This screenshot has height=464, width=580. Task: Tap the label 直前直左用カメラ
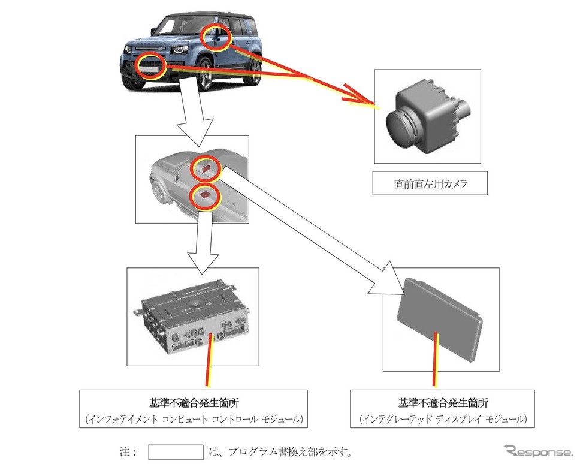point(430,185)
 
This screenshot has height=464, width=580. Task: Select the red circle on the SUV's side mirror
point(215,38)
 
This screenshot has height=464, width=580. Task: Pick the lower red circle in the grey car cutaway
point(206,195)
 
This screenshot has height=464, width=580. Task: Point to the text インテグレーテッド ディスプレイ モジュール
point(442,418)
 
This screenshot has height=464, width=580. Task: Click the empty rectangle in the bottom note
point(176,451)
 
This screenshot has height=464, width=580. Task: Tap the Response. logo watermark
point(537,451)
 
